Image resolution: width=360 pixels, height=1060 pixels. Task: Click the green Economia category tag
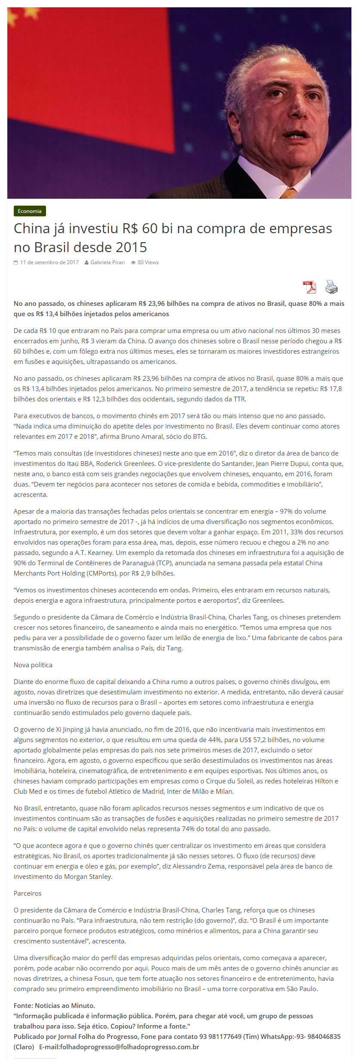tap(30, 211)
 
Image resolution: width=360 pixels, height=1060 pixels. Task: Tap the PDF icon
tap(309, 287)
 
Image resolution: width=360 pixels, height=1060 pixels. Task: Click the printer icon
tap(331, 287)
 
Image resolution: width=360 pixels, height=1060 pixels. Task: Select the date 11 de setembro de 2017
tap(49, 262)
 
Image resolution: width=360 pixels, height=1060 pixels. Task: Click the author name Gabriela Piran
tap(107, 262)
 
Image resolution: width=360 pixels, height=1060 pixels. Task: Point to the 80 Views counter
tap(148, 262)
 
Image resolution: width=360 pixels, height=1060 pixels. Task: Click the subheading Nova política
tap(33, 665)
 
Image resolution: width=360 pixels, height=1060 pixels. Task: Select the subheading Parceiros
tap(28, 893)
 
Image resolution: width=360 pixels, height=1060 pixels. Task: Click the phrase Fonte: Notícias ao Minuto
tap(54, 1005)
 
